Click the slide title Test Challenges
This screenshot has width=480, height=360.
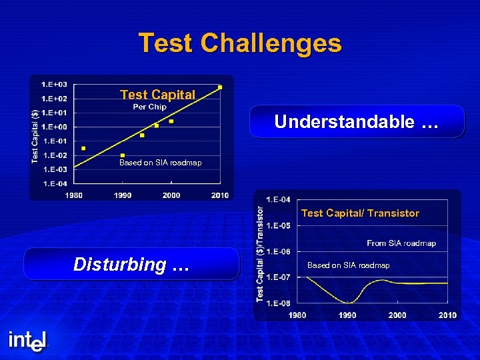coord(240,43)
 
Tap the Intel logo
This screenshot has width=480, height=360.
coord(28,341)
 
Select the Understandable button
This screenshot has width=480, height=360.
coord(357,121)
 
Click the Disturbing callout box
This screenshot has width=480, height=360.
coord(131,264)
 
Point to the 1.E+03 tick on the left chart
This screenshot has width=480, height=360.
coord(54,85)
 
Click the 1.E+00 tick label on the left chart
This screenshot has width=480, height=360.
coord(54,127)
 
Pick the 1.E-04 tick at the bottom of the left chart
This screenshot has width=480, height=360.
coord(54,183)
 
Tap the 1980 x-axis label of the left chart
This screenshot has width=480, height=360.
coord(74,195)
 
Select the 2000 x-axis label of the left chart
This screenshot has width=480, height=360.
coord(171,195)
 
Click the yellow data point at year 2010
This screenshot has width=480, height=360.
coord(220,87)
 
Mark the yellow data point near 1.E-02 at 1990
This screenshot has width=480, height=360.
coord(123,155)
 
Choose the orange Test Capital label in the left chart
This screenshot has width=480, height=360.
coord(157,95)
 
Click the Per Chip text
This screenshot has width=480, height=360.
coord(150,107)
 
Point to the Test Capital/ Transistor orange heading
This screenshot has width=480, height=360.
coord(360,213)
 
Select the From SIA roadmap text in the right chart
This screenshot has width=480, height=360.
coord(401,243)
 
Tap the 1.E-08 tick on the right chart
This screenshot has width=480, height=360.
coord(278,303)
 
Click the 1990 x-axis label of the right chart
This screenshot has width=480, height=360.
coord(347,315)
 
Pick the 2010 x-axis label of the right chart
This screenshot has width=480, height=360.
coord(447,315)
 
